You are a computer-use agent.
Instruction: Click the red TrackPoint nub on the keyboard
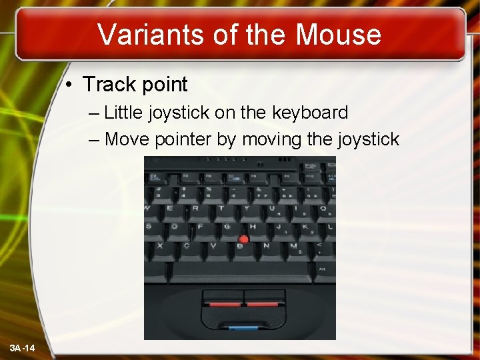pyautogui.click(x=244, y=239)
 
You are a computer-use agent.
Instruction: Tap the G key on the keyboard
pyautogui.click(x=228, y=227)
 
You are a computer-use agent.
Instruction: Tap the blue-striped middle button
pyautogui.click(x=243, y=327)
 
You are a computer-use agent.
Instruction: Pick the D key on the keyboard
pyautogui.click(x=175, y=227)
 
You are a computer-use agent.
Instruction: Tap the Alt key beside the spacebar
pyautogui.click(x=323, y=269)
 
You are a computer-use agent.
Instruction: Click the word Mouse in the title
pyautogui.click(x=338, y=34)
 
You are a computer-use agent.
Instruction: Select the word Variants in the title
pyautogui.click(x=153, y=34)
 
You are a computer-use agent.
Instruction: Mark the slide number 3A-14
pyautogui.click(x=23, y=348)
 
